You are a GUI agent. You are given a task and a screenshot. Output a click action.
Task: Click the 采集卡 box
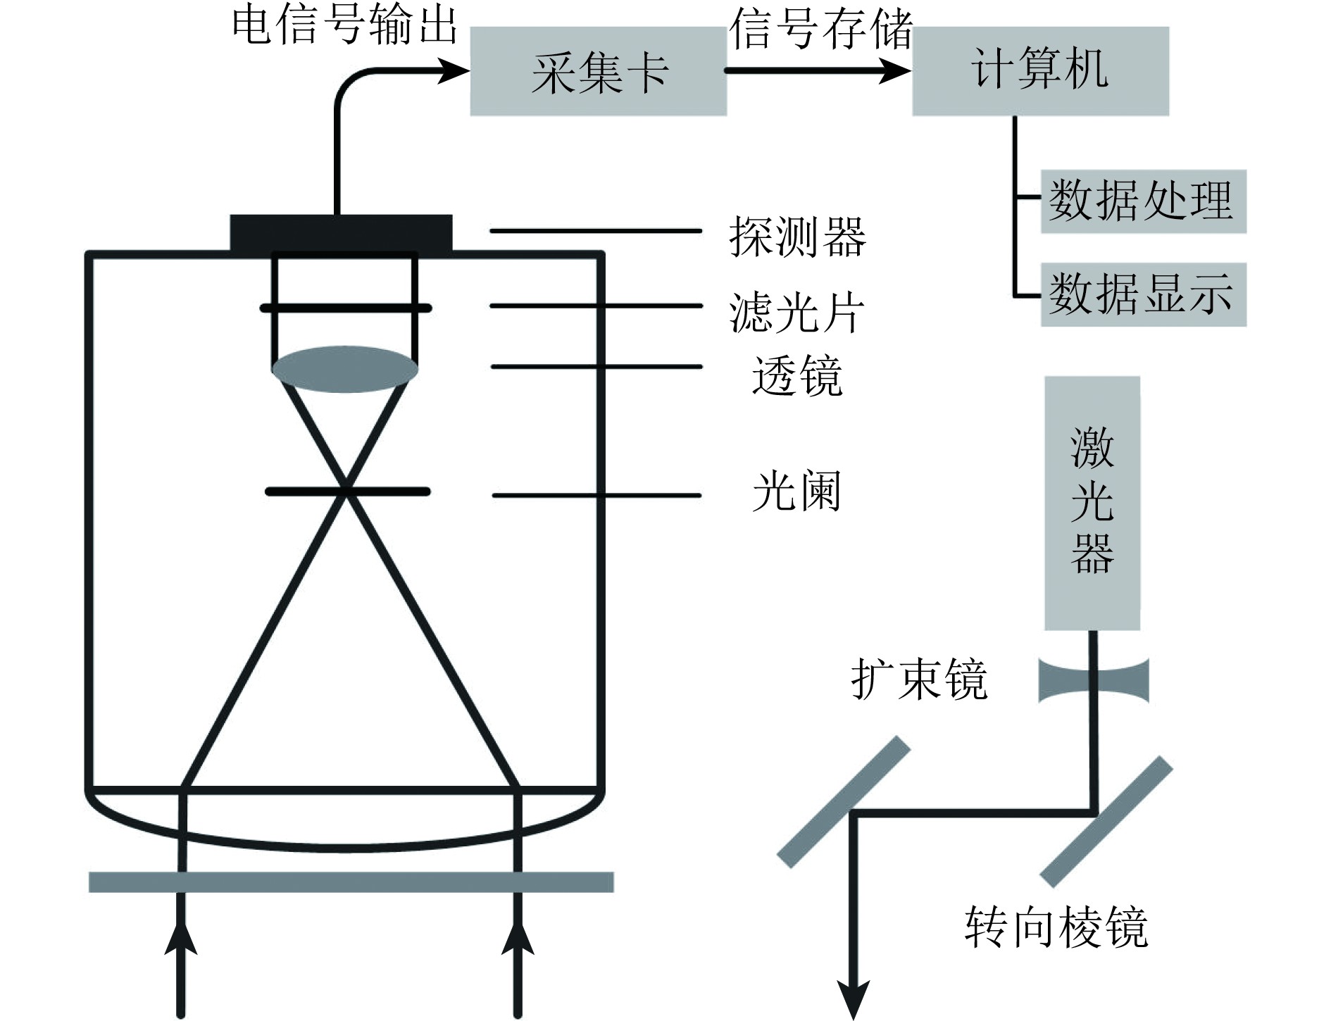(x=598, y=71)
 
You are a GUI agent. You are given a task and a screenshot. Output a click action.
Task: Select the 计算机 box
(x=1040, y=71)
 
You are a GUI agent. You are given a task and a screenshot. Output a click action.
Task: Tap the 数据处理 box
(x=1143, y=201)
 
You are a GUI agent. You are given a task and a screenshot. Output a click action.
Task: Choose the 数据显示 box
(x=1143, y=294)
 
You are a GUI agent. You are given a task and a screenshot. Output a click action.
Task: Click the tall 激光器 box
(x=1092, y=503)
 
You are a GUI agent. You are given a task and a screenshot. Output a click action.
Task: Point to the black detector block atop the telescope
(x=341, y=232)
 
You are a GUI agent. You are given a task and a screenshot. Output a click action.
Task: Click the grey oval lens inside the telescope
(x=344, y=368)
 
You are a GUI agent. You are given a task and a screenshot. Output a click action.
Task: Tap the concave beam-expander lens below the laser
(x=1093, y=680)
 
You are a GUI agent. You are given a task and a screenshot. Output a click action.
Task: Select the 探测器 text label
(x=797, y=237)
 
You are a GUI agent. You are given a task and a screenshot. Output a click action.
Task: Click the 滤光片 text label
(x=796, y=313)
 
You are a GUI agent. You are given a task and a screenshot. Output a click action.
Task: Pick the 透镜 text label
(x=796, y=375)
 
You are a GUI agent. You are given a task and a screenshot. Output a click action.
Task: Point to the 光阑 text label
(x=796, y=491)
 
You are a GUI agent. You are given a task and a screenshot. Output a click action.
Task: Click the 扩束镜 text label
(x=919, y=679)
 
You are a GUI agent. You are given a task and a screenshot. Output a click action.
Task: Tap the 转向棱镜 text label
(x=1056, y=927)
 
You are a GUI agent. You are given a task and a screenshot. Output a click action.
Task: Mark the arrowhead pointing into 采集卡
(x=454, y=70)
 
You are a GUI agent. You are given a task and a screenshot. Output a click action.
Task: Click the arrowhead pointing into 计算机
(x=896, y=70)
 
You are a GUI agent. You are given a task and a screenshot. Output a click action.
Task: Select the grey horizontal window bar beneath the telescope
(x=351, y=882)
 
